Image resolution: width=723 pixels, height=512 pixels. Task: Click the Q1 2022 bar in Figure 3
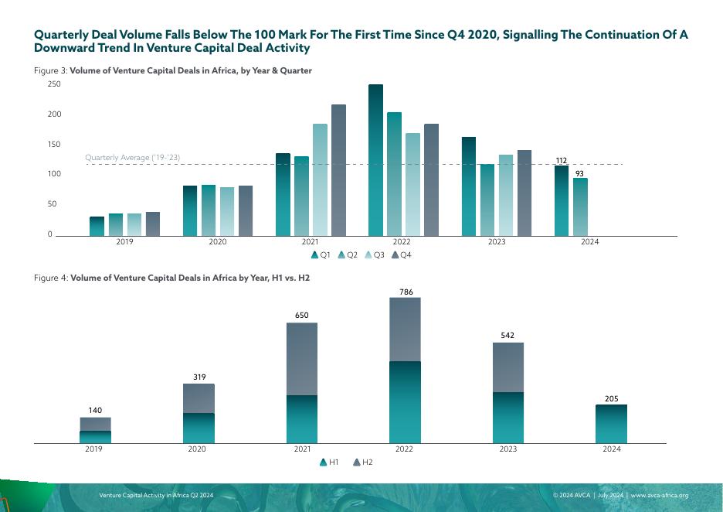pyautogui.click(x=375, y=160)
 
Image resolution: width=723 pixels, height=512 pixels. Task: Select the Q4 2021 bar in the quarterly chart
pyautogui.click(x=338, y=170)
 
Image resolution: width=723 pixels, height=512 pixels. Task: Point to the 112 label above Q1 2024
pyautogui.click(x=562, y=161)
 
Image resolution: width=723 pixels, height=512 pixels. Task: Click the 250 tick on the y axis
pyautogui.click(x=54, y=84)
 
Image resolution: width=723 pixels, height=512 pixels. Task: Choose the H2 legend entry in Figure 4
pyautogui.click(x=363, y=462)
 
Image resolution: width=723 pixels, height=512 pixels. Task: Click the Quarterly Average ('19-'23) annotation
pyautogui.click(x=132, y=158)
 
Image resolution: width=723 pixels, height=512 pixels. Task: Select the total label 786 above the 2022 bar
pyautogui.click(x=406, y=292)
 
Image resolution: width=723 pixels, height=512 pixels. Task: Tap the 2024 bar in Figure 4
pyautogui.click(x=611, y=424)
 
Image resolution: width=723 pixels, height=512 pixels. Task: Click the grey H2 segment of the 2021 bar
pyautogui.click(x=302, y=359)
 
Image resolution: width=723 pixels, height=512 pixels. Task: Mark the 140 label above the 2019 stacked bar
pyautogui.click(x=95, y=411)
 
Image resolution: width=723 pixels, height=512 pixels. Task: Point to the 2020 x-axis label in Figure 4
pyautogui.click(x=197, y=449)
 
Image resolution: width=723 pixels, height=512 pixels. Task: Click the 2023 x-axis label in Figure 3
pyautogui.click(x=496, y=242)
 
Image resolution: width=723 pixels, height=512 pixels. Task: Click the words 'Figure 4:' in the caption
pyautogui.click(x=51, y=277)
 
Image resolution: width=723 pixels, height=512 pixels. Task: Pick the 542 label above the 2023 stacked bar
pyautogui.click(x=508, y=336)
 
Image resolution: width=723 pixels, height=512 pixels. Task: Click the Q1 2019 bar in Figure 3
pyautogui.click(x=97, y=226)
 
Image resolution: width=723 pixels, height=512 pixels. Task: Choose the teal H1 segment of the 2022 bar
pyautogui.click(x=406, y=402)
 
